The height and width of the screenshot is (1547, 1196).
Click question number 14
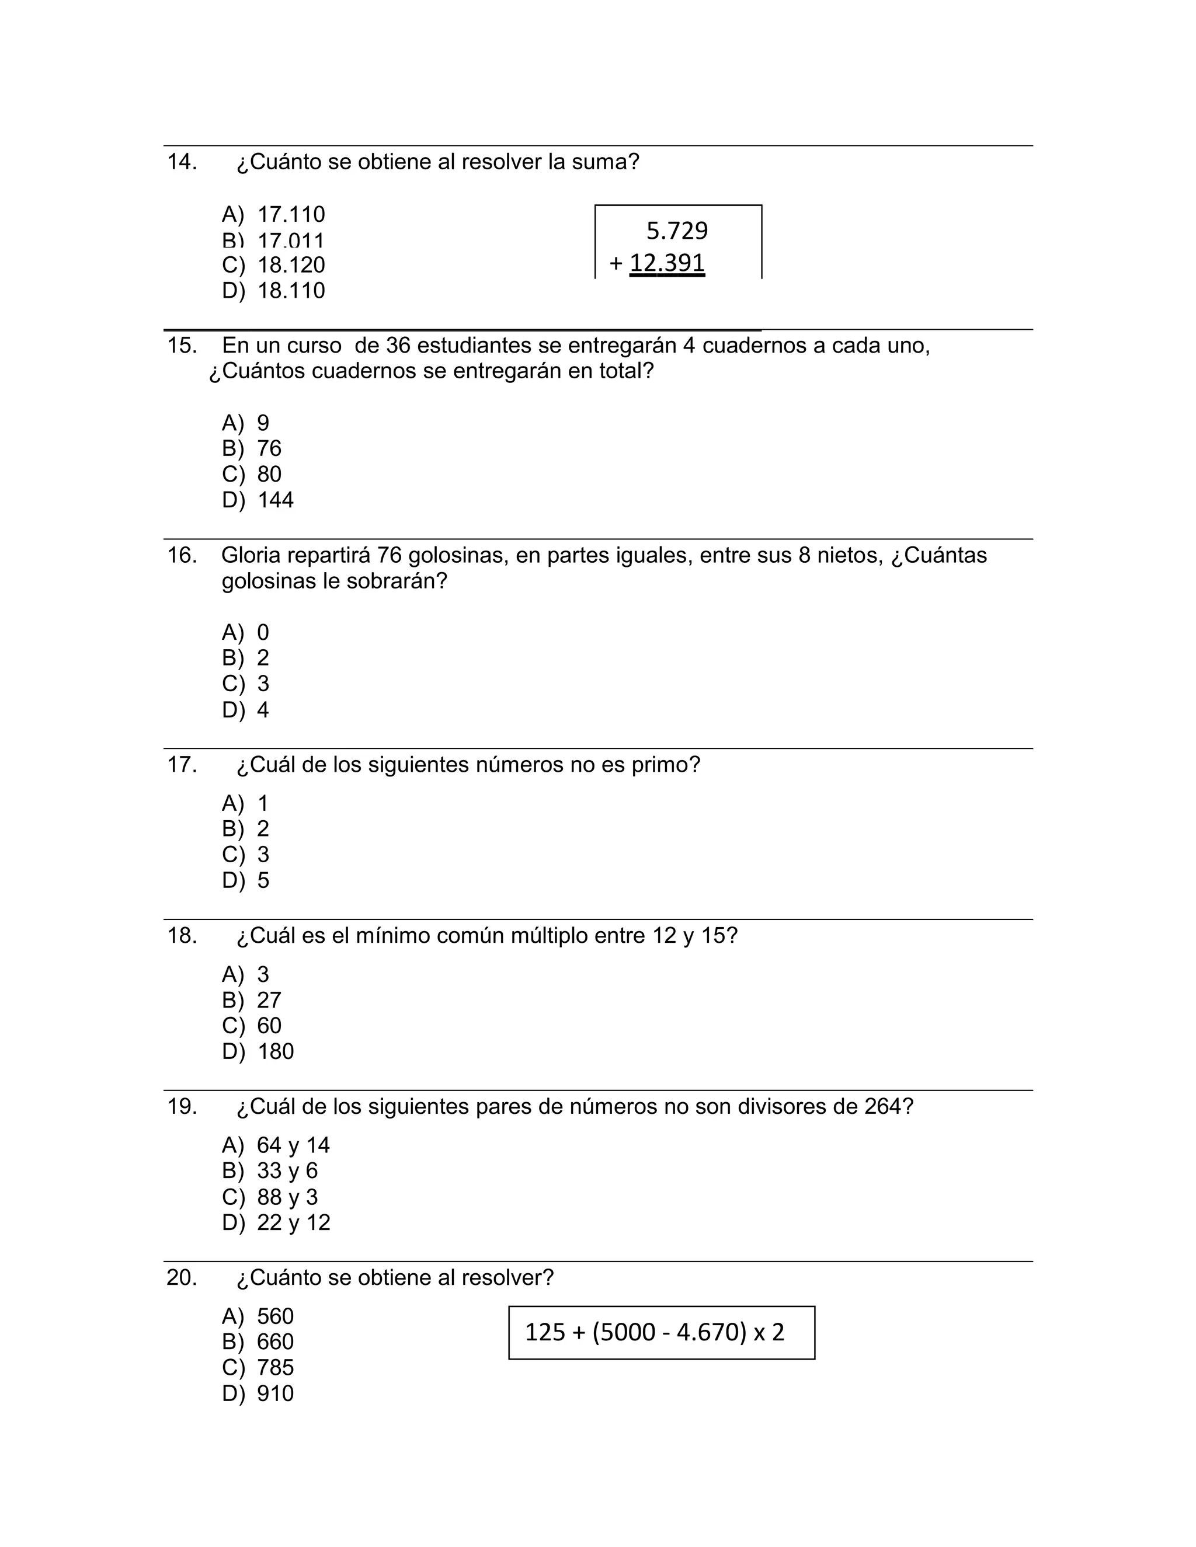point(182,162)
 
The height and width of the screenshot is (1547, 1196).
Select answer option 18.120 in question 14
point(290,265)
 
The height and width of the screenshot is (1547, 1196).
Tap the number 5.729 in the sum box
point(677,231)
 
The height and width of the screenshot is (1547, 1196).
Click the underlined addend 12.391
point(667,263)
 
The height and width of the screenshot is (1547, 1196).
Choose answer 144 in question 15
point(275,500)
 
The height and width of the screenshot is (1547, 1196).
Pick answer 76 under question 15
point(269,448)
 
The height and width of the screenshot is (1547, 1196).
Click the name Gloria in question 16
point(251,555)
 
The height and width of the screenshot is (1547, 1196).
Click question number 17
point(182,765)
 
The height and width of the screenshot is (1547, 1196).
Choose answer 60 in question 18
point(269,1026)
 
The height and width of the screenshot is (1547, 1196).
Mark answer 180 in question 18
point(275,1051)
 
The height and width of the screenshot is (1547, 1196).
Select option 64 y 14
point(293,1145)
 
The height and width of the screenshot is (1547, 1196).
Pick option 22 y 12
point(293,1222)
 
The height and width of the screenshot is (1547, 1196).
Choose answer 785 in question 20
point(275,1368)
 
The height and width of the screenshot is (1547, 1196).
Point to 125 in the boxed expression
point(545,1332)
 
